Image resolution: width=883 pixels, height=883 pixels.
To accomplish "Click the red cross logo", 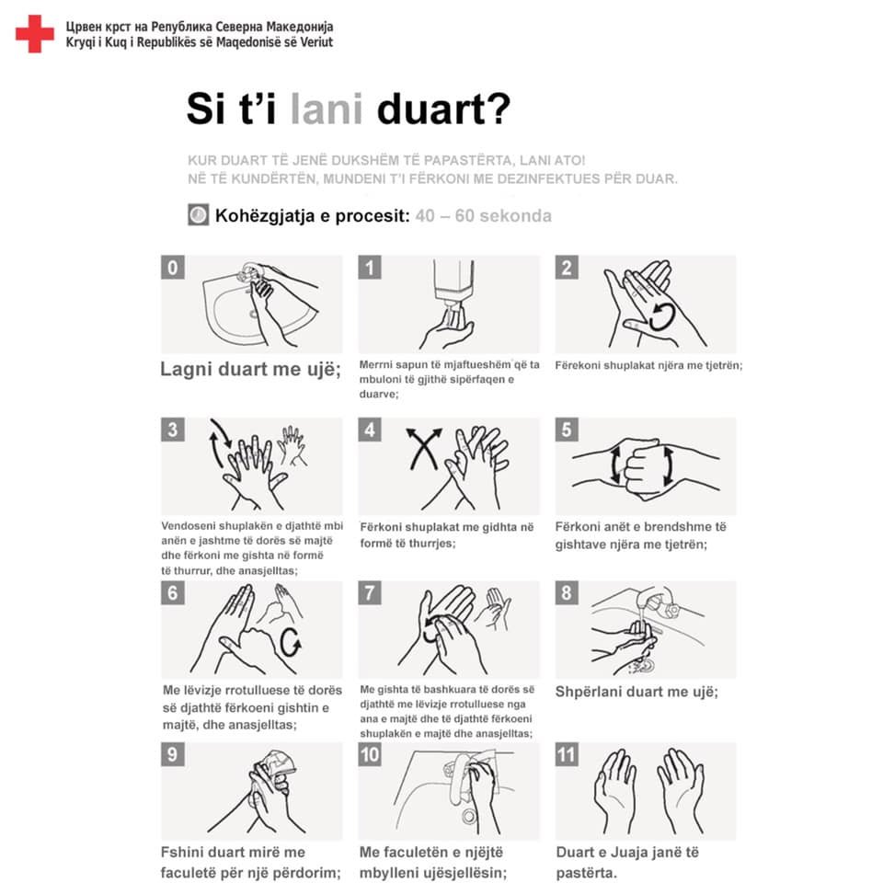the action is click(x=35, y=34).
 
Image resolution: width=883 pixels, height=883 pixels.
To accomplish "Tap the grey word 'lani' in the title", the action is click(x=327, y=109).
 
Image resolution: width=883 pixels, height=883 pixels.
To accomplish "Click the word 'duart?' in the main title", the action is click(x=443, y=109).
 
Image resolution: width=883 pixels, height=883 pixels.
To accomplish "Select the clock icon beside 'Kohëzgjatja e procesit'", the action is click(x=199, y=215).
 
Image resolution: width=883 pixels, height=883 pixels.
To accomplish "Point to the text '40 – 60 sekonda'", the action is click(x=483, y=215).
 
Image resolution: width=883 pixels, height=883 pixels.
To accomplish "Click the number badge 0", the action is click(x=173, y=268).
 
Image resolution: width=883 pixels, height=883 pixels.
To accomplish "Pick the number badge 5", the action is click(x=567, y=430).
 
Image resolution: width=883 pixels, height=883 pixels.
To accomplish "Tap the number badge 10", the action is click(x=370, y=754).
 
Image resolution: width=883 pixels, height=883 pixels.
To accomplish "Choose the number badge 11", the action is click(x=567, y=754).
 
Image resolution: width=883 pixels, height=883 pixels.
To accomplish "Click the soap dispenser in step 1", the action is click(x=453, y=284).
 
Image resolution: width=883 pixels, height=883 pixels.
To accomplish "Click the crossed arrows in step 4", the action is click(x=424, y=449).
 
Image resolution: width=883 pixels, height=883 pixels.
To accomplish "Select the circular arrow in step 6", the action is click(x=290, y=643).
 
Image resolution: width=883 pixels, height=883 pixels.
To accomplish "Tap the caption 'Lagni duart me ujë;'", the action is click(x=250, y=370).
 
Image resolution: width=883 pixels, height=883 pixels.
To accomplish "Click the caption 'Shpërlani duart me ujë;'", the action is click(x=636, y=692).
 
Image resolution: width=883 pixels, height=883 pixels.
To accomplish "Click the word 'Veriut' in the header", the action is click(x=315, y=42).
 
